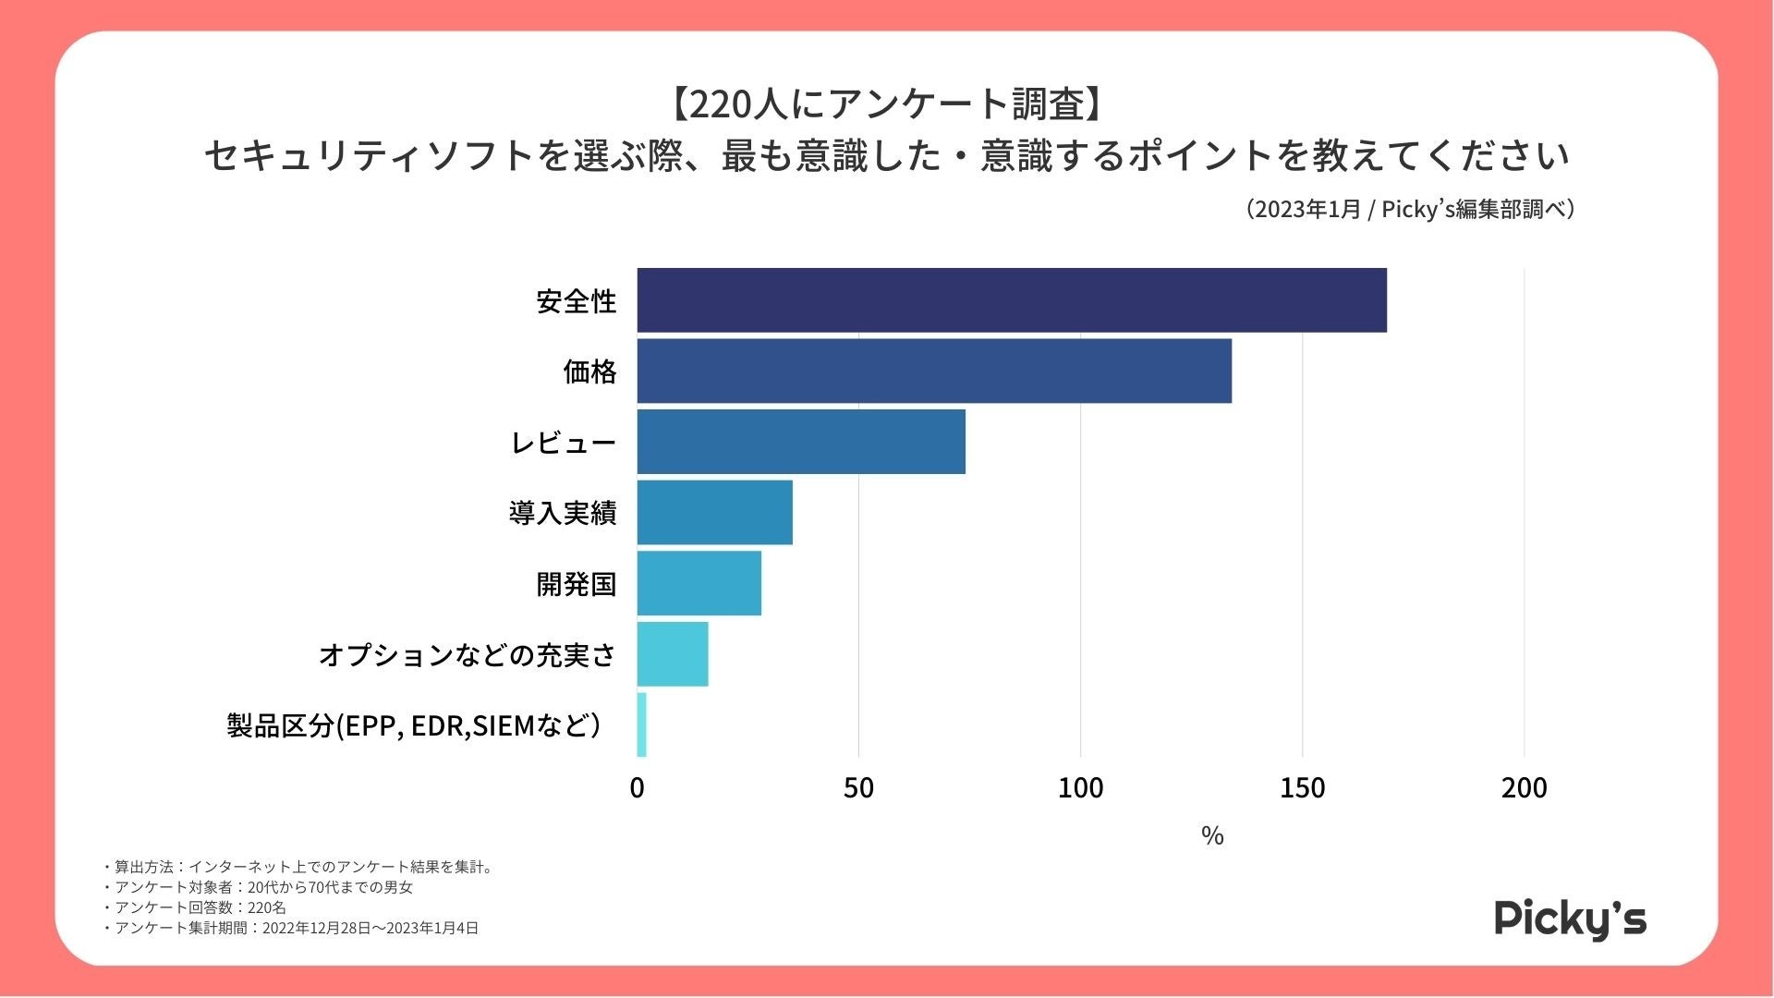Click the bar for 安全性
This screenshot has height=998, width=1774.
(1012, 300)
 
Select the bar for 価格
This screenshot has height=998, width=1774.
(934, 371)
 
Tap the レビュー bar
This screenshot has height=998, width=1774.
(801, 442)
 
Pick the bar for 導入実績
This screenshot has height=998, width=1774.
(714, 512)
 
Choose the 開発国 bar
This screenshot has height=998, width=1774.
(699, 583)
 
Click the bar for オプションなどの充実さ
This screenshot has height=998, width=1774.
(673, 654)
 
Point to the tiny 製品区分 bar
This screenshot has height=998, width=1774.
(642, 725)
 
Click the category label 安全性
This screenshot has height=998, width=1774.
(576, 301)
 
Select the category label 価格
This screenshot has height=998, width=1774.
(589, 371)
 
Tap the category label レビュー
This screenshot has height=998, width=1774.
(563, 443)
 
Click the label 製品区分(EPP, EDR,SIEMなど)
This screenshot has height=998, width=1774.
(413, 725)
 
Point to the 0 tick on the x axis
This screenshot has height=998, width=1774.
(637, 788)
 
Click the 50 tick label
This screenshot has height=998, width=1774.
(858, 788)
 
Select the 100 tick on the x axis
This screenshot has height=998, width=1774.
(1080, 788)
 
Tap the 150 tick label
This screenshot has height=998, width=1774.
(1302, 788)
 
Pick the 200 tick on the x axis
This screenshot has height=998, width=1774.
(1524, 788)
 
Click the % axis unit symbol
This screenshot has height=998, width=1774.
(1212, 836)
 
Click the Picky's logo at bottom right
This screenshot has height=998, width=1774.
(1570, 919)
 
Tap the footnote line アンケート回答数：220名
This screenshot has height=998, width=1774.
(200, 907)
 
